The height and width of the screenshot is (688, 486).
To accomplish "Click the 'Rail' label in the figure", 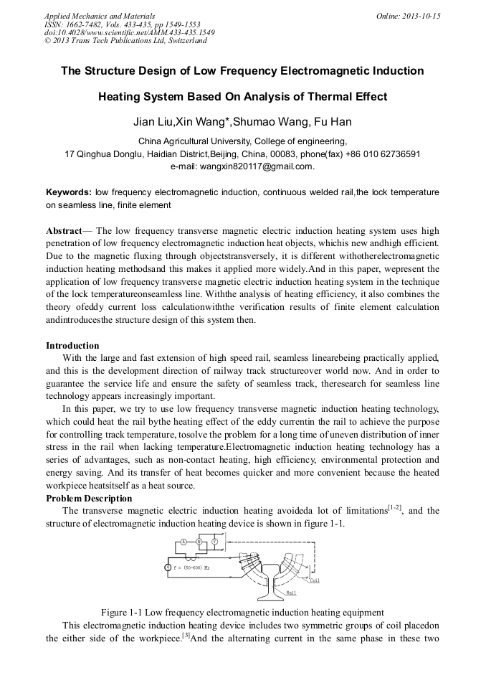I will click(291, 593).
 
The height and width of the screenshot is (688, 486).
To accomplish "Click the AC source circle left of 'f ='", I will click(168, 567).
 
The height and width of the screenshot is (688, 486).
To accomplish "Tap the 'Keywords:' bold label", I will click(69, 192).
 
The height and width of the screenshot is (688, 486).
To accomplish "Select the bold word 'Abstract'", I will click(64, 231).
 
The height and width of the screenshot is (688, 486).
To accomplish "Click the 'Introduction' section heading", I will click(72, 346).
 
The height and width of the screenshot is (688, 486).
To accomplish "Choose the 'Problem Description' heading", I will click(89, 498).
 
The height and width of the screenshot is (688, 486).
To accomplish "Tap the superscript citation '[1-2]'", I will click(394, 509).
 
